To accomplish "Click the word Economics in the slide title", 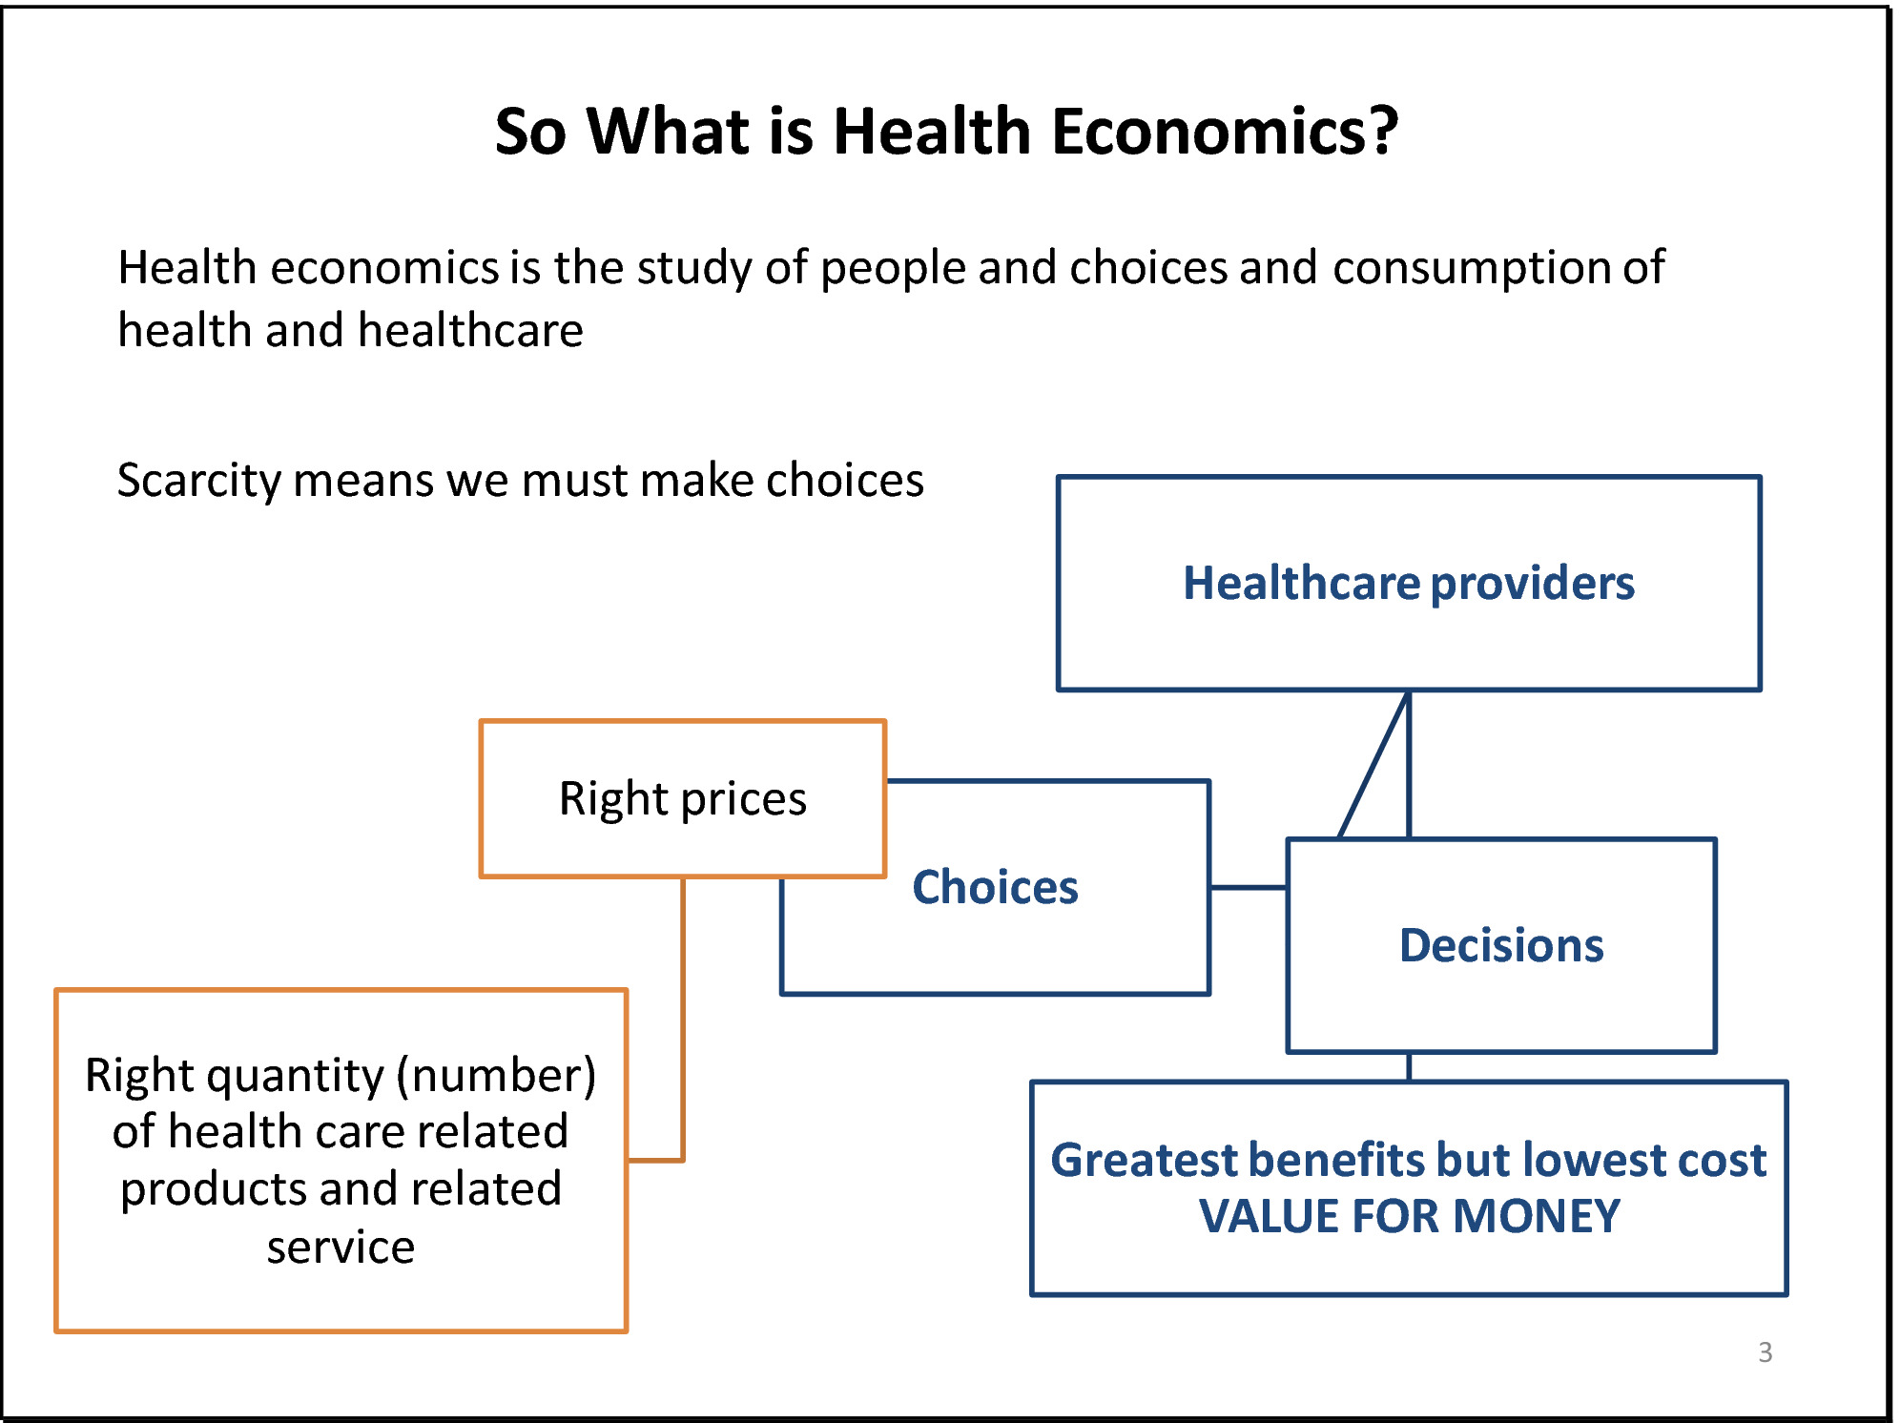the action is coord(1224,131).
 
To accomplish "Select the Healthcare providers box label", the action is coord(1409,584).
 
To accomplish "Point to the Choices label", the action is coord(995,887).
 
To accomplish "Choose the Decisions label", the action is coord(1501,945).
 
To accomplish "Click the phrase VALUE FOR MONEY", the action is coord(1409,1217).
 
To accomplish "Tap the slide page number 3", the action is coord(1766,1352).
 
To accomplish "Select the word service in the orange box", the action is coord(341,1248).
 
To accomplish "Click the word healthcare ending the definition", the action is coord(470,331).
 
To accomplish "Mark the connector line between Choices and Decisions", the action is coord(1249,888).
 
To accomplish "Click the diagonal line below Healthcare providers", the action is coord(1373,765).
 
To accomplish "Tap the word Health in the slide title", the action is coord(932,131).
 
